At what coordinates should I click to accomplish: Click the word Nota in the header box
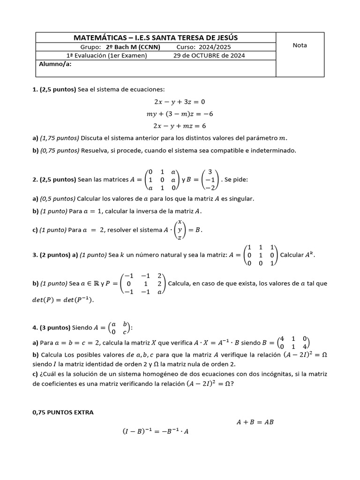[x=300, y=45]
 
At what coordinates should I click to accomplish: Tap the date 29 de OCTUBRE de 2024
[x=209, y=55]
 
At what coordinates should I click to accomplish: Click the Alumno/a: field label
[x=55, y=64]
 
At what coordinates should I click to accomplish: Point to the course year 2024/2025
[x=214, y=47]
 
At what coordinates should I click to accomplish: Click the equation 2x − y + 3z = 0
[x=180, y=101]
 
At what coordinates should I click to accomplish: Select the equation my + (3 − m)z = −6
[x=180, y=113]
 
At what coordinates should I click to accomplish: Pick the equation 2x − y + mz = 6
[x=180, y=126]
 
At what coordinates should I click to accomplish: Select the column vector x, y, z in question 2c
[x=180, y=230]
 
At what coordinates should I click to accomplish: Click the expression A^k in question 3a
[x=310, y=255]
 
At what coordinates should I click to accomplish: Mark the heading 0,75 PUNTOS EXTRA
[x=63, y=412]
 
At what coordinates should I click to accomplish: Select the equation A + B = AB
[x=255, y=422]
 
